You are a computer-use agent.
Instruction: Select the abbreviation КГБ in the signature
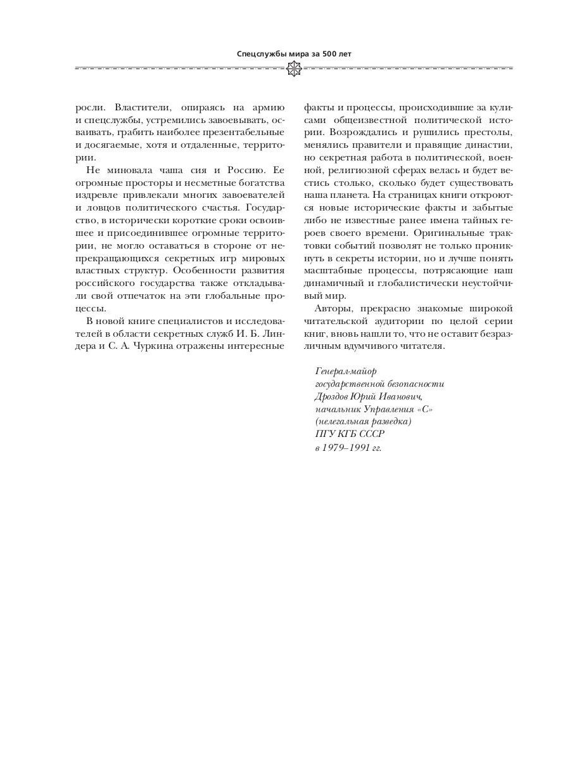[347, 434]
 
